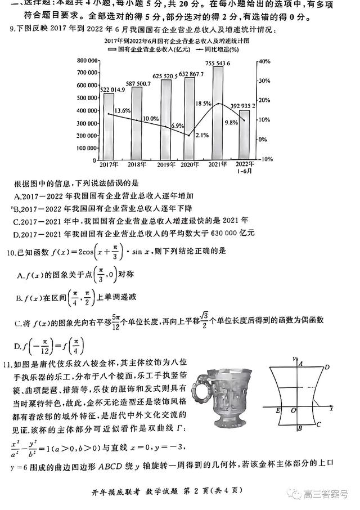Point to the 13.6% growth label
coord(123,110)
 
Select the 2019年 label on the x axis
coord(165,165)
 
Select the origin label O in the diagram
coord(292,411)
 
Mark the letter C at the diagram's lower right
coord(318,425)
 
